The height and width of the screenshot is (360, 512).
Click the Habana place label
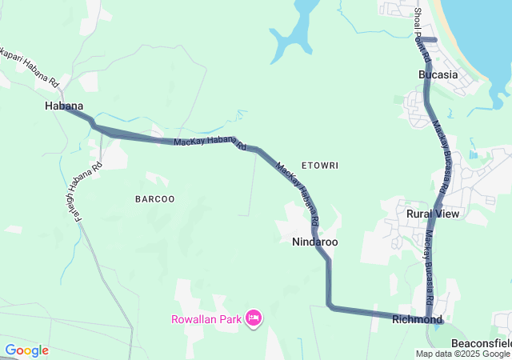pos(64,106)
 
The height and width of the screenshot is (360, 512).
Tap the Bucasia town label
pos(438,74)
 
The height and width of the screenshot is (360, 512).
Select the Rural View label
pos(433,214)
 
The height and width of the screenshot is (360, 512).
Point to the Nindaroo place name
pos(314,241)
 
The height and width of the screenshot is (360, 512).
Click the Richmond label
pos(417,319)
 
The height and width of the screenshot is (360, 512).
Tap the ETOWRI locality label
pos(320,166)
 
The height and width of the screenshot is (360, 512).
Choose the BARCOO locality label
pos(154,198)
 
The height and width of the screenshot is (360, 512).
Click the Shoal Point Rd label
pos(422,35)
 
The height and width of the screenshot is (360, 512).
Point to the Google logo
pos(26,350)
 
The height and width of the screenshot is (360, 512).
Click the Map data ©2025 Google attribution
pos(462,354)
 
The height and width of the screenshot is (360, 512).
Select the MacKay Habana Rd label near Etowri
pos(298,193)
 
